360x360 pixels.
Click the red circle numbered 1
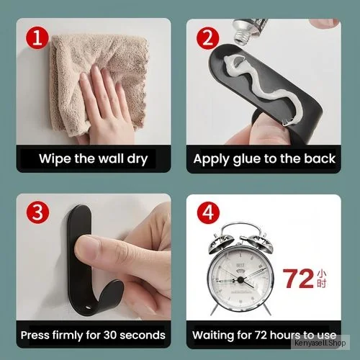pos(37,38)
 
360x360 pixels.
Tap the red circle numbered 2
pos(207,38)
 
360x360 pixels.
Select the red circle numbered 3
pos(37,212)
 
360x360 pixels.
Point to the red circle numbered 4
pos(208,213)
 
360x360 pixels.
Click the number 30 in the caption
pos(110,335)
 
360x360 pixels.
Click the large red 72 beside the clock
pos(298,279)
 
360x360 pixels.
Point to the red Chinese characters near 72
pos(322,279)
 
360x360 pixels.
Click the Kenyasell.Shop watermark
pos(320,343)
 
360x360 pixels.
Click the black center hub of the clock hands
pos(240,279)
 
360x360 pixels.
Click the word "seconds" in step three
pos(143,335)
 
